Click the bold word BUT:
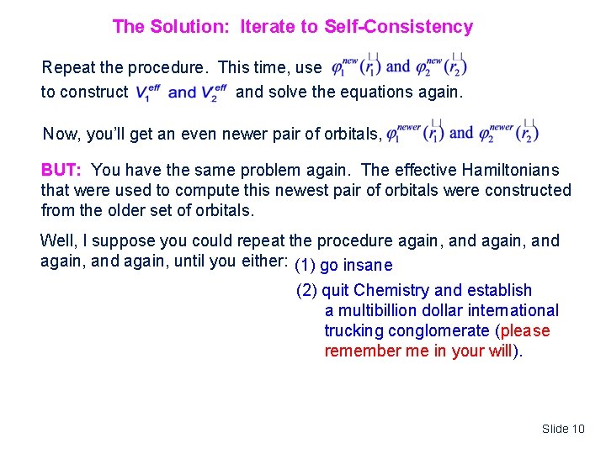(x=62, y=170)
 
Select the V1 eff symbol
(x=148, y=92)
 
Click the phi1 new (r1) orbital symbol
(x=354, y=66)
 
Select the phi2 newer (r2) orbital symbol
(x=508, y=133)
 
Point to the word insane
(x=369, y=266)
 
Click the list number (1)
(x=306, y=266)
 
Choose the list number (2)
(x=306, y=291)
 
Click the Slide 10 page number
(x=563, y=429)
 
